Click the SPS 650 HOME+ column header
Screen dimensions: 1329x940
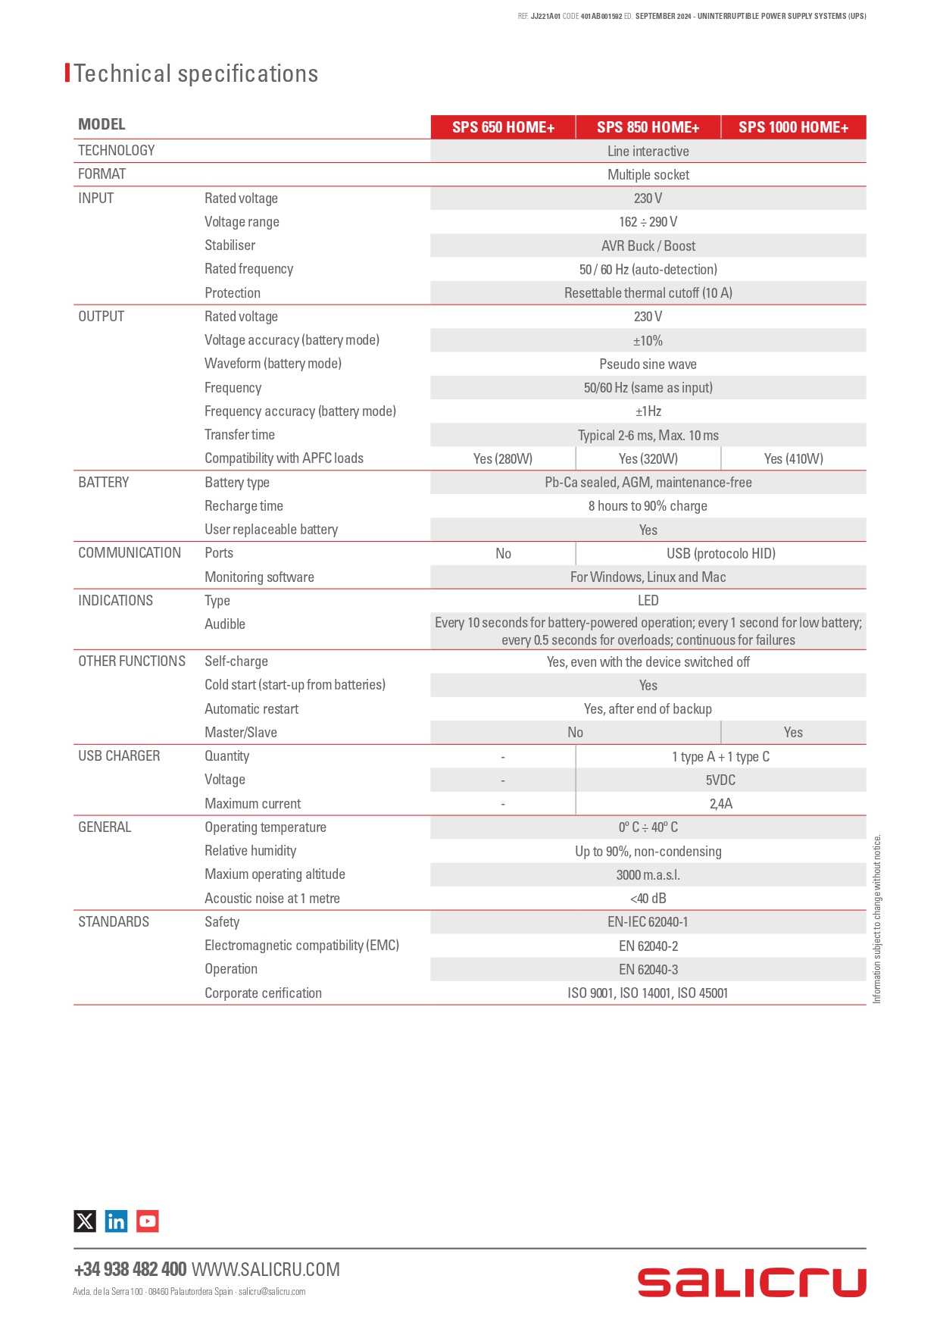pos(503,127)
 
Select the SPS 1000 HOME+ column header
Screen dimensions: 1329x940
pos(793,127)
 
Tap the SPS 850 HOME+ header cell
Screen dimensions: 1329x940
pos(648,127)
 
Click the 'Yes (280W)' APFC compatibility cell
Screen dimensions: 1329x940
pos(503,458)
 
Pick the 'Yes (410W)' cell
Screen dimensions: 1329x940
pos(793,458)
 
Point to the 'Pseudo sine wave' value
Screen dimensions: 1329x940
pos(648,364)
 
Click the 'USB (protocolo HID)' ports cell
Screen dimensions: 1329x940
pos(720,553)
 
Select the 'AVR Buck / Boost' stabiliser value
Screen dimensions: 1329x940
pos(648,245)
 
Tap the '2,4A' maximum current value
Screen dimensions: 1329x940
pos(720,803)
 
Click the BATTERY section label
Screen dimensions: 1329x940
pos(104,483)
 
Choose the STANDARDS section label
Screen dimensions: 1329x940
pos(114,922)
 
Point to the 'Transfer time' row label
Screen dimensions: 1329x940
pos(239,435)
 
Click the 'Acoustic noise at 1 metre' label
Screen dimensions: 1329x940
pos(272,899)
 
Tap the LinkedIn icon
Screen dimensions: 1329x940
pos(116,1221)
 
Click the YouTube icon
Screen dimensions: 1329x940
pos(148,1221)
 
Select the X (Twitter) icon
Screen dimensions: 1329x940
pos(85,1221)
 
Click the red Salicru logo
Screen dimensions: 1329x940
pos(751,1282)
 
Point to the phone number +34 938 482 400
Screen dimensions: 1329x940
pos(130,1269)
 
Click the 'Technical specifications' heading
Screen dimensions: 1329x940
pos(195,73)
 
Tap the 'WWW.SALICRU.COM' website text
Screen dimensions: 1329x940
pos(266,1269)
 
